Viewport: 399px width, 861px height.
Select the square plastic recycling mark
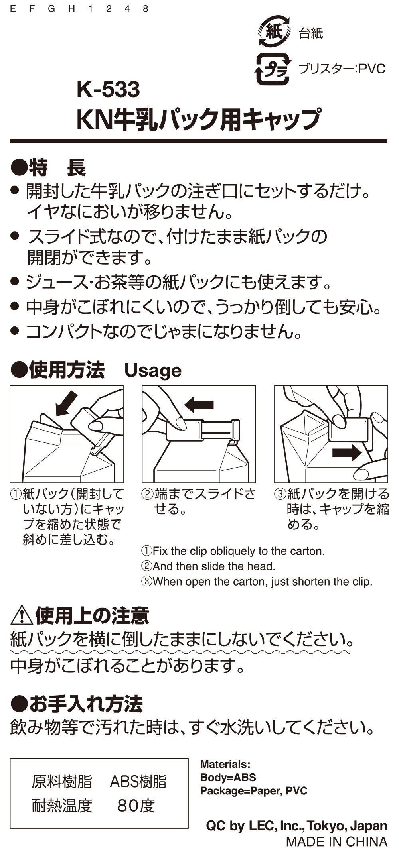(273, 69)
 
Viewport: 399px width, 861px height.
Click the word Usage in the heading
(153, 371)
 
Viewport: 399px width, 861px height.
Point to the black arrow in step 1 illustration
(66, 403)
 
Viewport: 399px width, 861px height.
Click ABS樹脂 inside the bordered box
(138, 782)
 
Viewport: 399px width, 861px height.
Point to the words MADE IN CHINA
(336, 841)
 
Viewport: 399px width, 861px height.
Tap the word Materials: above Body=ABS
(225, 764)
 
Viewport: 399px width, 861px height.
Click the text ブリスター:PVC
(342, 69)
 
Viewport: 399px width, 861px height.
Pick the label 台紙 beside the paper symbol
(311, 33)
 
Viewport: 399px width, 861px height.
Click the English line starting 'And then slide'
(208, 566)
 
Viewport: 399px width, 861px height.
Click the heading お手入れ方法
(76, 704)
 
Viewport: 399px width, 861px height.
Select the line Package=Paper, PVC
(254, 790)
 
